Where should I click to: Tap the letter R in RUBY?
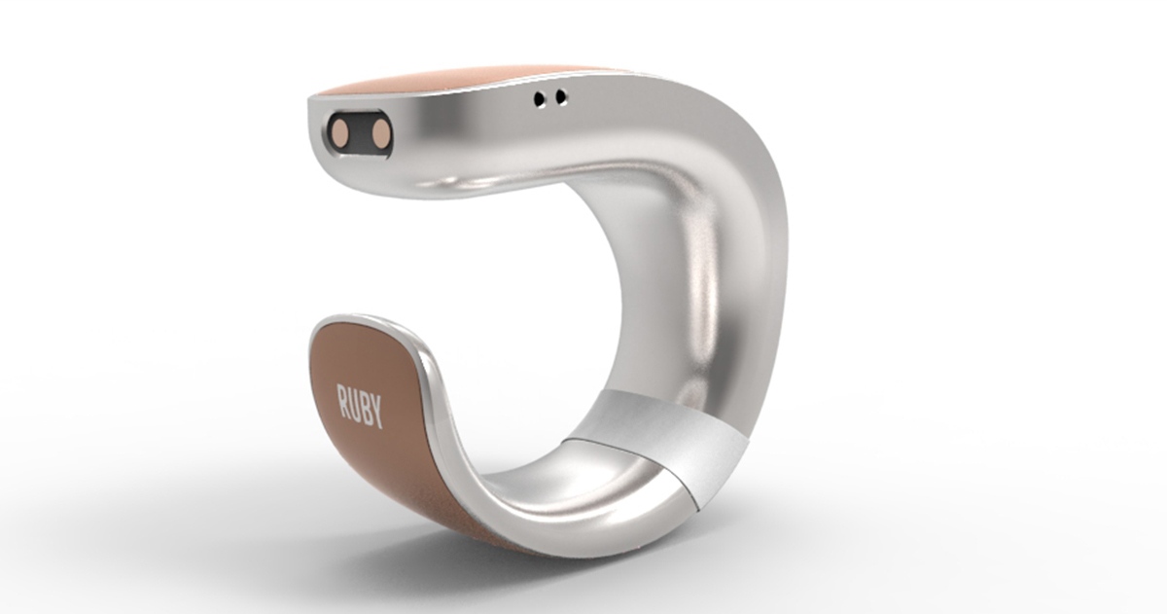tap(342, 403)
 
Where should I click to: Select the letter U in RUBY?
tap(354, 406)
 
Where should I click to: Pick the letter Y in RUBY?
tap(377, 413)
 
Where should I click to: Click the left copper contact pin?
tap(342, 131)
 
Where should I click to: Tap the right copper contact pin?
tap(381, 132)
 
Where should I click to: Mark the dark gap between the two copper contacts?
tap(362, 132)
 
